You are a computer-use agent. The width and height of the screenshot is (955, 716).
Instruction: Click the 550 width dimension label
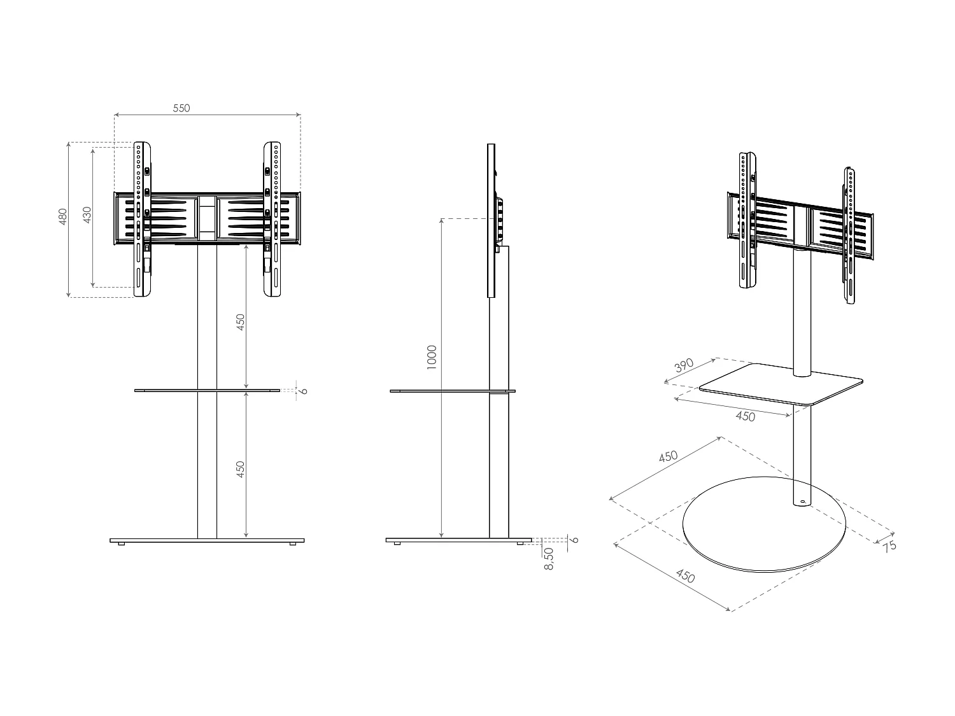(181, 108)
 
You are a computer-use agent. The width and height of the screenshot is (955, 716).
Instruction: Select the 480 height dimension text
(63, 216)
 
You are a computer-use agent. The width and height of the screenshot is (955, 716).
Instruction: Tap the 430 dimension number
(88, 214)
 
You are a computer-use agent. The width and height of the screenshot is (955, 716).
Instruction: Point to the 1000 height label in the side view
(432, 358)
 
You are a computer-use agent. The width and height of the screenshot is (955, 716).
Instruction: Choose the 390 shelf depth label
(684, 367)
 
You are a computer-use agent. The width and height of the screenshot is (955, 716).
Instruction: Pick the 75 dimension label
(889, 545)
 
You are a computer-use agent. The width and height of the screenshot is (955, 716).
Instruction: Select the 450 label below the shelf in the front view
(241, 470)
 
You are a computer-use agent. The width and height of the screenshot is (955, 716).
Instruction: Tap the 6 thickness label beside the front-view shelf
(304, 390)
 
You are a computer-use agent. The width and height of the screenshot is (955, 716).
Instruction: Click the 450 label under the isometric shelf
(745, 416)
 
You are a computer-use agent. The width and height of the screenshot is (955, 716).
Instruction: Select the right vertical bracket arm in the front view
(272, 220)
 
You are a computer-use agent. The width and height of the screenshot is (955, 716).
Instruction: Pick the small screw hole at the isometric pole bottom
(802, 503)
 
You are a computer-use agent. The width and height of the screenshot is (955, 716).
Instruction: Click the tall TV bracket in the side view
(491, 220)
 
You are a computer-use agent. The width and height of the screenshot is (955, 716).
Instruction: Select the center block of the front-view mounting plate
(207, 218)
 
